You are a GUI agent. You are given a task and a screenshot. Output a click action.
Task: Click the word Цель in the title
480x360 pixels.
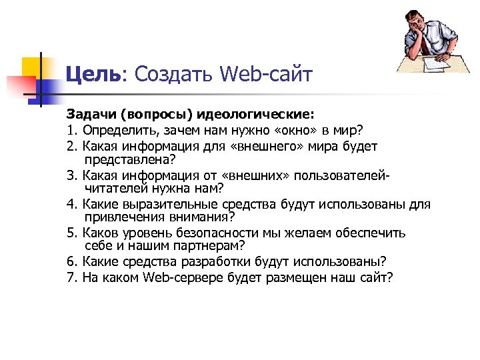(x=92, y=74)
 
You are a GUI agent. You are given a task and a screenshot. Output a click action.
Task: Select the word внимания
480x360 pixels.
(x=197, y=218)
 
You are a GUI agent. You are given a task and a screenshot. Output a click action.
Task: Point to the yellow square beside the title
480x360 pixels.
(x=33, y=67)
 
